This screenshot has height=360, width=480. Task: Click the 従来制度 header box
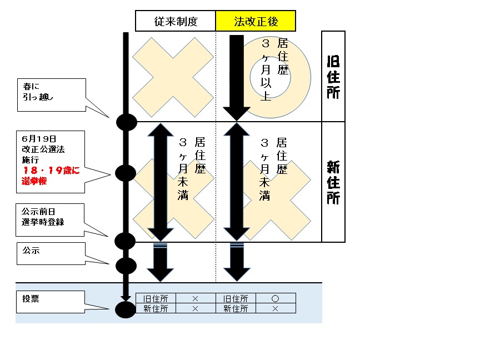(176, 22)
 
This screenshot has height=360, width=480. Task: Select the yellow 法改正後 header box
(256, 22)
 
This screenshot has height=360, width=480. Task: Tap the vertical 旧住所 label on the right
(333, 76)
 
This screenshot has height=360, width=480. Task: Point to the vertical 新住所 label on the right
(333, 182)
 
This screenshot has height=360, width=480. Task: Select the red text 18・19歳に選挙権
(51, 176)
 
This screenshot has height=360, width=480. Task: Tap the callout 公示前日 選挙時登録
(51, 218)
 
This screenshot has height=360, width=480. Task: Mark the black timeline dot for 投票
(126, 309)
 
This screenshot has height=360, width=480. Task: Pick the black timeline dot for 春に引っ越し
(126, 122)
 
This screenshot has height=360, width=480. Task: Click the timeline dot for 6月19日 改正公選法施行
(126, 173)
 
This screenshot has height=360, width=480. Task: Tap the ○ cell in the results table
(276, 298)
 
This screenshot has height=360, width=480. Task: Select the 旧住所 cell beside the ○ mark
(236, 298)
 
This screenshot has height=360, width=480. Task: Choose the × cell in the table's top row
(196, 298)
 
